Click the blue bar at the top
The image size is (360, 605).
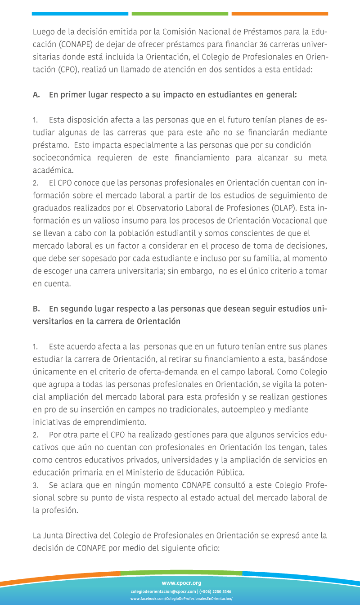click(80, 14)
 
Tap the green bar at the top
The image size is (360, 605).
click(180, 14)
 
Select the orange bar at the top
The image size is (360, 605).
click(279, 14)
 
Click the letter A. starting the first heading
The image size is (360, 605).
click(36, 95)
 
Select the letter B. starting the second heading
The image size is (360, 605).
click(36, 309)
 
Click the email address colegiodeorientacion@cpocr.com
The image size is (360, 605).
click(163, 592)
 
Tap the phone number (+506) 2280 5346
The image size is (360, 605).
click(216, 592)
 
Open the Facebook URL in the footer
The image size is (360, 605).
click(181, 599)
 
